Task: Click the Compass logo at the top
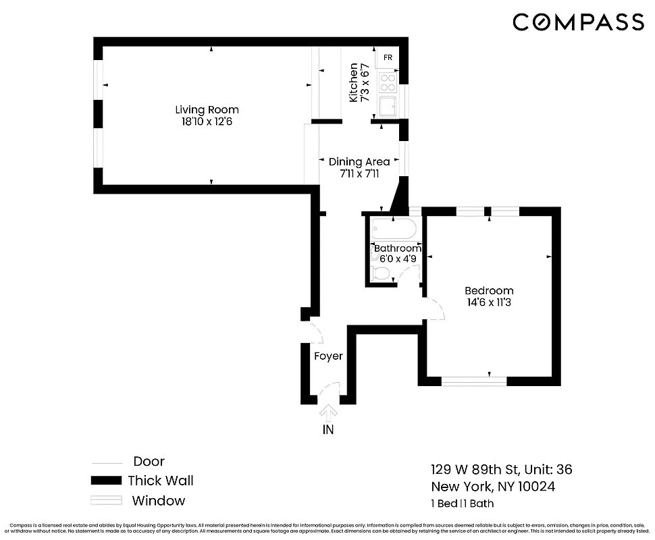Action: click(x=578, y=22)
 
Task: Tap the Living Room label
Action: click(x=207, y=109)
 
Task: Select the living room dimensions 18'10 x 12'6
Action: click(x=207, y=122)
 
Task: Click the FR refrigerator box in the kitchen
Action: click(x=388, y=58)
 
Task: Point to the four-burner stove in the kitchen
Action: click(x=388, y=83)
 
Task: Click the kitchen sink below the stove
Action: click(x=388, y=107)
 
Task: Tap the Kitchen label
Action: click(x=353, y=82)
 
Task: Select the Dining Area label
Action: click(x=359, y=161)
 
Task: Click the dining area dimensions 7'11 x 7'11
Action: click(x=359, y=173)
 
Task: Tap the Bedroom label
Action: click(x=489, y=290)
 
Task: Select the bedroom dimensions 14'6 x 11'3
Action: click(x=489, y=302)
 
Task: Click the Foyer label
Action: click(x=328, y=356)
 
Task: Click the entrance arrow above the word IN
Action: click(x=329, y=410)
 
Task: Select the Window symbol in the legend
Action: click(x=107, y=501)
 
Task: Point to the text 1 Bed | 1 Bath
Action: click(x=462, y=504)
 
